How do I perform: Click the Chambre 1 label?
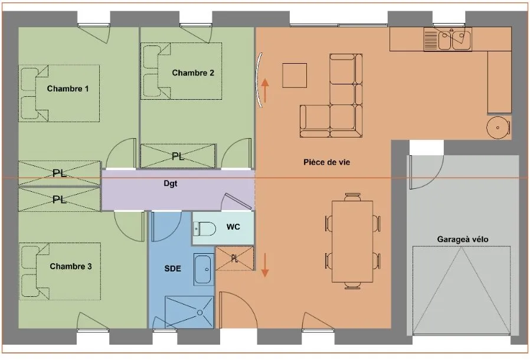tap(68, 89)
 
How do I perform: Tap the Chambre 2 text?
tap(193, 73)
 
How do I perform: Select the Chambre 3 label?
tap(71, 266)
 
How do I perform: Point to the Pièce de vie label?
tap(326, 162)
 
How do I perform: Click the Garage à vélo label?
tap(462, 240)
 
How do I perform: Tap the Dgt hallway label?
tap(171, 184)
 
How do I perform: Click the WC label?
tap(233, 227)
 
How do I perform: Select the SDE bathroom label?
tap(173, 269)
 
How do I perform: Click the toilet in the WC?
tap(204, 229)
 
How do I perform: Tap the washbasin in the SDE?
tap(204, 269)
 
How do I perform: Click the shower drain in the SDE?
tap(200, 312)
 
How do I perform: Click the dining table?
tap(352, 241)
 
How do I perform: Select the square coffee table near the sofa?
tap(295, 75)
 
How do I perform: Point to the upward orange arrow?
tap(265, 91)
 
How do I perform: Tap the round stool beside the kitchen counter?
tap(498, 127)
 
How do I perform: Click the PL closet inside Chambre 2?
tap(178, 156)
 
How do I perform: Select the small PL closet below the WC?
tap(234, 258)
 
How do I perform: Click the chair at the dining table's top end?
tap(352, 197)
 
